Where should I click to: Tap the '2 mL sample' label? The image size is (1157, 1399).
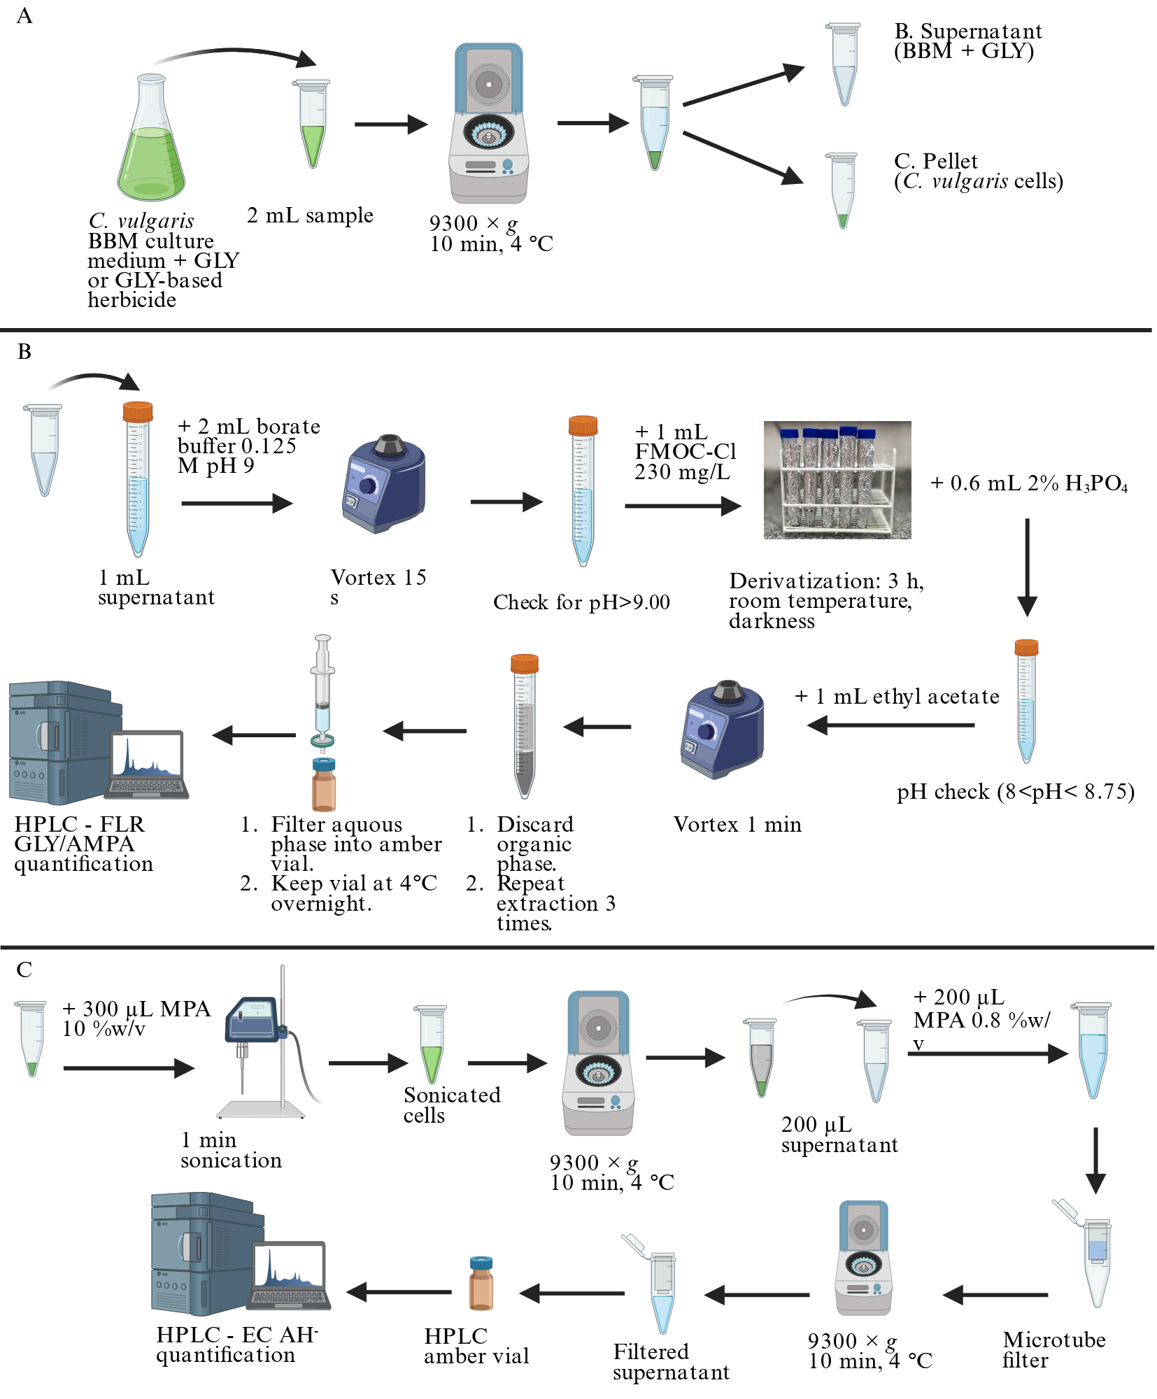click(x=310, y=215)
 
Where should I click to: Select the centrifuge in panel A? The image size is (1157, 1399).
click(x=488, y=123)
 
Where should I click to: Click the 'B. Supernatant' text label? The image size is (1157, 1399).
click(x=968, y=31)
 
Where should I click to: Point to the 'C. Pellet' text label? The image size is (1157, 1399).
click(x=936, y=161)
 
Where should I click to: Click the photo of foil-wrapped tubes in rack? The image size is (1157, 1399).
click(x=837, y=480)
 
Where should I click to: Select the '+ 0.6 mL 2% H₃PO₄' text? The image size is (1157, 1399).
click(x=1029, y=483)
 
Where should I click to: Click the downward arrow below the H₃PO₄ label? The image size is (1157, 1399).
click(x=1027, y=567)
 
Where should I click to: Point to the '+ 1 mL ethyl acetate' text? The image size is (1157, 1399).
click(x=897, y=696)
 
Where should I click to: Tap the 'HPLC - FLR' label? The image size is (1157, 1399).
click(x=79, y=824)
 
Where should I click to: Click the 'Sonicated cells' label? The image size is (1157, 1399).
click(x=452, y=1105)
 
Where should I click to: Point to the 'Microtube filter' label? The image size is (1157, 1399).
click(x=1054, y=1349)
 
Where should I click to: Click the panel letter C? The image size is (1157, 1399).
click(x=24, y=970)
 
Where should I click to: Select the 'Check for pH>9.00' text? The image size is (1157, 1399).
click(x=581, y=602)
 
